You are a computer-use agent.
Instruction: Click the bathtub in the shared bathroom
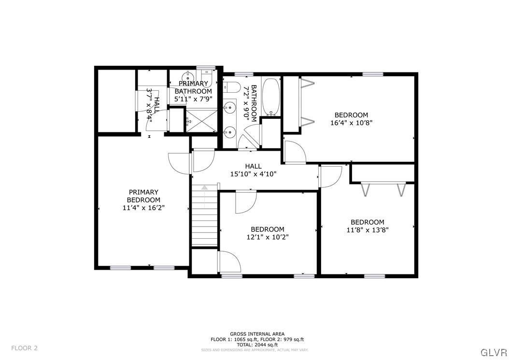click(x=271, y=96)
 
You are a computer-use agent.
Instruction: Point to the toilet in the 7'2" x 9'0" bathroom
click(x=232, y=87)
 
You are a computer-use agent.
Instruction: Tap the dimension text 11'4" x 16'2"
click(x=143, y=208)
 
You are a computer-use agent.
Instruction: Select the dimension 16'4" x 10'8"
click(x=351, y=123)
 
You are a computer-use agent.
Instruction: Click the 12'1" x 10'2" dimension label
click(x=267, y=237)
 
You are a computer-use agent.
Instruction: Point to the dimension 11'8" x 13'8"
click(x=368, y=230)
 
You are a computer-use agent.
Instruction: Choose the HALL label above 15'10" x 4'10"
click(x=253, y=166)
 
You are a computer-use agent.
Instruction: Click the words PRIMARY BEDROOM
click(x=143, y=196)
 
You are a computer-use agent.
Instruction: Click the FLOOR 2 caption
click(x=24, y=348)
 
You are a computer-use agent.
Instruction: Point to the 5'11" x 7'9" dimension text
click(x=193, y=99)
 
